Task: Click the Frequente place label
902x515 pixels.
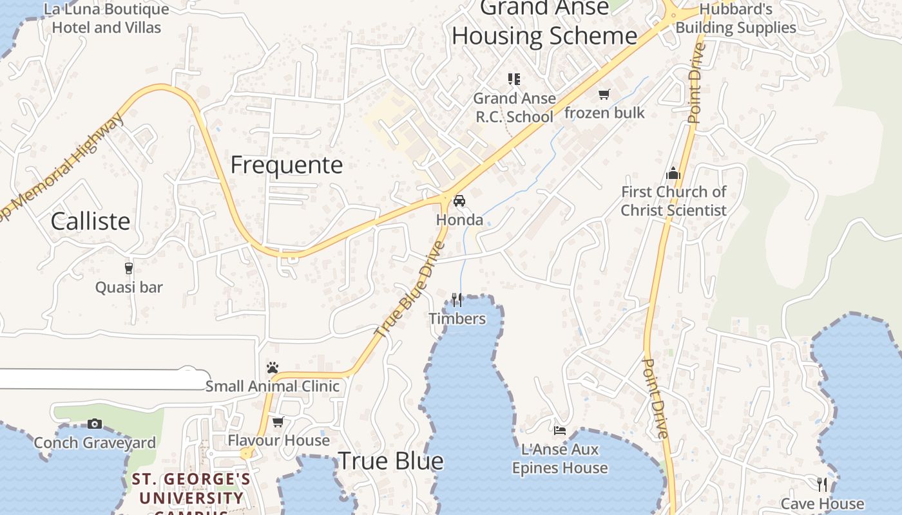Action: (287, 165)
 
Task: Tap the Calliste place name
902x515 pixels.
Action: (90, 221)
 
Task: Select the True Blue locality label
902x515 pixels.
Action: (390, 460)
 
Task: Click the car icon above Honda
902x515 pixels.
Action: (459, 201)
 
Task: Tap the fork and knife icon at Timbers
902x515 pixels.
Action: (457, 299)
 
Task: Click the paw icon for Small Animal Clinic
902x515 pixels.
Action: (273, 368)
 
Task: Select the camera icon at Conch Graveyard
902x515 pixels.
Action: (95, 424)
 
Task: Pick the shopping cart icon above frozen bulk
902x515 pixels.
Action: (604, 95)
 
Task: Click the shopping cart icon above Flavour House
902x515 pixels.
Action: (278, 422)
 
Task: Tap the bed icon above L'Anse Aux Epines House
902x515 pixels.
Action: (560, 430)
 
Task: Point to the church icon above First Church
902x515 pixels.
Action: (673, 173)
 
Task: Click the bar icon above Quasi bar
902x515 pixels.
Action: (129, 268)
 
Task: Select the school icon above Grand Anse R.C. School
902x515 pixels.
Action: (514, 79)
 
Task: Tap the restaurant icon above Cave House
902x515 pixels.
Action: (822, 484)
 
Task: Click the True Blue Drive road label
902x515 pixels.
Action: (410, 290)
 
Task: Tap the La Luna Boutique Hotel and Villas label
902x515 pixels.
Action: (106, 18)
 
